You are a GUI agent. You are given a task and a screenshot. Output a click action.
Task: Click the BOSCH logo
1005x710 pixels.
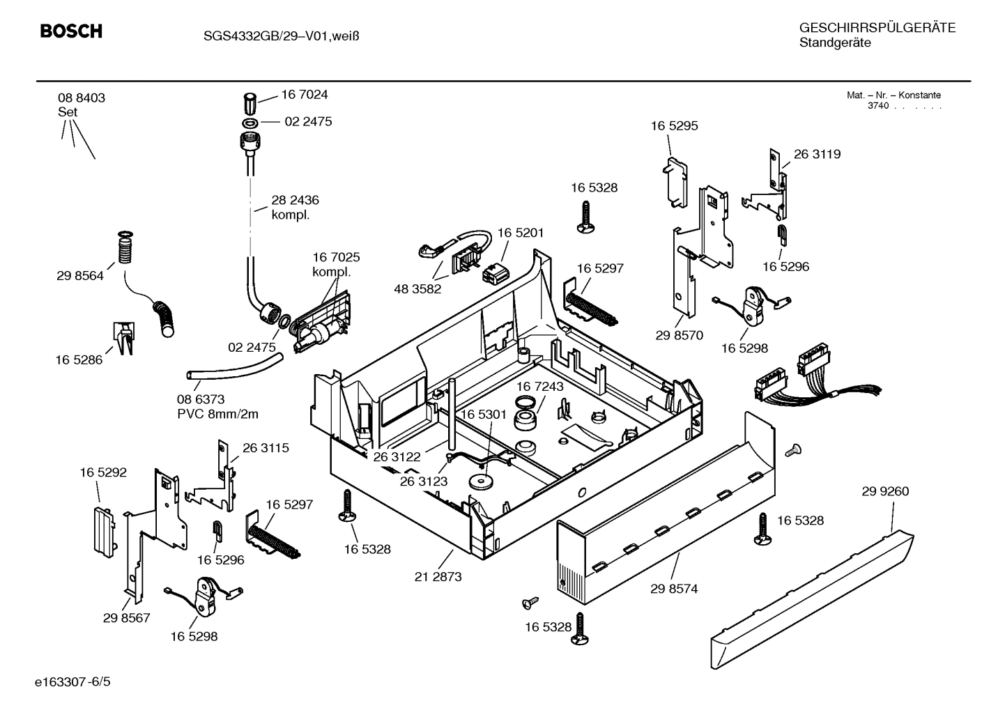point(71,31)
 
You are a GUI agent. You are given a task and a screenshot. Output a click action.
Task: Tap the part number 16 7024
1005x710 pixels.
point(304,95)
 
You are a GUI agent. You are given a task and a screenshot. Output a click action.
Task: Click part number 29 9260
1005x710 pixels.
point(885,491)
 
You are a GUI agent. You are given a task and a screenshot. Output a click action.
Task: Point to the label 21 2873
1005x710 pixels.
point(438,577)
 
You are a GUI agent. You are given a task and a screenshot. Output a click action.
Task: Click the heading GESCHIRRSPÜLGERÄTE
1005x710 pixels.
point(877,28)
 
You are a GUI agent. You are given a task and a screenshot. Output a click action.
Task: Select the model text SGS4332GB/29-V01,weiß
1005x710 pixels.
point(276,36)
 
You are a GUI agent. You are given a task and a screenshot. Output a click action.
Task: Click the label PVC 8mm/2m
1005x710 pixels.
point(217,415)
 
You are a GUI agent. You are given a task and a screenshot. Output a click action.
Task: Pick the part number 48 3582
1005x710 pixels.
point(417,289)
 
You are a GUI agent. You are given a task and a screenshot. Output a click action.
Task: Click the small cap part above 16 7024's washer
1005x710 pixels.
point(251,103)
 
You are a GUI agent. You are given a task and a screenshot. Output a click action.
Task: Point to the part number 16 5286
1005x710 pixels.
point(79,360)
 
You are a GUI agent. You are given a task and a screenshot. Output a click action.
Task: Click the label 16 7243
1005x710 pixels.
point(540,386)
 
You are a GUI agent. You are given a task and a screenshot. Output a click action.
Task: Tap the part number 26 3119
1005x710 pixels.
point(817,155)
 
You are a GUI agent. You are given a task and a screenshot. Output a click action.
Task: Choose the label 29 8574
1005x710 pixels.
point(674,589)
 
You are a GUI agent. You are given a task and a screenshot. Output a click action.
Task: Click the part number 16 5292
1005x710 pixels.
point(103,472)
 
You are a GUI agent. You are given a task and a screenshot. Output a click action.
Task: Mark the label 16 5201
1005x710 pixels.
point(520,233)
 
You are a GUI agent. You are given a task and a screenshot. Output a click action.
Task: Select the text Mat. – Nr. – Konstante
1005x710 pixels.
point(893,95)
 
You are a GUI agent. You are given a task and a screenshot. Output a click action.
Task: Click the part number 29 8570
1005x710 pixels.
point(679,335)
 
